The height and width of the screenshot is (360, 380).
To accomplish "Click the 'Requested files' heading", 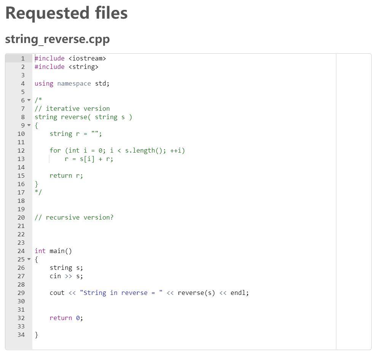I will tap(66, 13).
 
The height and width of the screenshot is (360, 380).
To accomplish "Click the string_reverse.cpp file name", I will tap(57, 39).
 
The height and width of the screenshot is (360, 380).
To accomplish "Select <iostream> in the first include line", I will tap(87, 58).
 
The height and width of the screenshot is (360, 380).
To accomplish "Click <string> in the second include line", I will tap(83, 67).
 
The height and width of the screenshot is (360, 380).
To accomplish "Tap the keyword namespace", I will tap(74, 83).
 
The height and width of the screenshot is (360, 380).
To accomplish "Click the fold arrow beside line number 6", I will tap(29, 100).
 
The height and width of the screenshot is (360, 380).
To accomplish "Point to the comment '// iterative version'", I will tap(72, 108).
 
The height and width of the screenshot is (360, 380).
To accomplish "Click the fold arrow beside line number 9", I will tap(29, 126).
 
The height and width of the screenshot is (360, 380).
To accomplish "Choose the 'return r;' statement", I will tap(66, 175).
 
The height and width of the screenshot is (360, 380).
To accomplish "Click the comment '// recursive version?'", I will tap(74, 217).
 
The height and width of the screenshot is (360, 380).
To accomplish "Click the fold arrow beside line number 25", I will tap(29, 260).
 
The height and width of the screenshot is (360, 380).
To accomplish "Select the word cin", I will tap(55, 276).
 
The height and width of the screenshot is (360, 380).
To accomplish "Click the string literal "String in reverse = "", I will tap(121, 293).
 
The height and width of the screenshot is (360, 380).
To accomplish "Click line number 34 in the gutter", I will tap(21, 335).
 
